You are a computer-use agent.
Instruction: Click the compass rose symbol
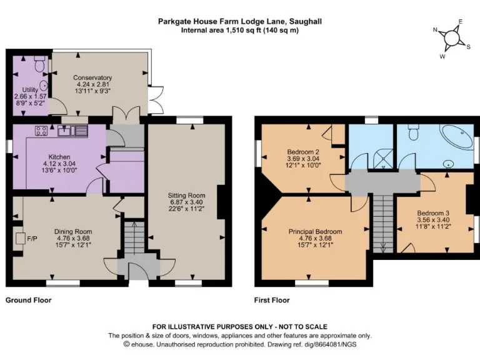click(x=451, y=39)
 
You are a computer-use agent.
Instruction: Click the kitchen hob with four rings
click(x=42, y=131)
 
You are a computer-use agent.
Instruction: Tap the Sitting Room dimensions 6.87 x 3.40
click(x=186, y=202)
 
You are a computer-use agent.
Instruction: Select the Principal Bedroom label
click(x=316, y=231)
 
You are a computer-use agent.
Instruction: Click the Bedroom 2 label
click(x=303, y=152)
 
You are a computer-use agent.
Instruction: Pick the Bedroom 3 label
click(x=433, y=212)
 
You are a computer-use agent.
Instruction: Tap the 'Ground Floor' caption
click(x=28, y=300)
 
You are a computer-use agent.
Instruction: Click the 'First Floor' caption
click(x=271, y=300)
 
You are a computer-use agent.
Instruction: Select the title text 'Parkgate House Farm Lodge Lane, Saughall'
click(x=239, y=21)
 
